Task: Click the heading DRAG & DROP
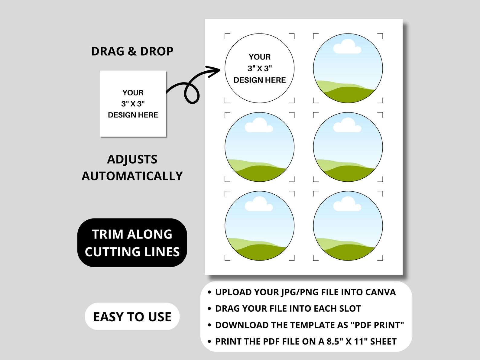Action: click(132, 51)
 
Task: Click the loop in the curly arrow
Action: click(192, 93)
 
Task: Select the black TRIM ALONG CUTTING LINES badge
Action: click(132, 243)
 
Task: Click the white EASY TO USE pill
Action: click(132, 316)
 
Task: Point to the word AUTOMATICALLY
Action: click(132, 176)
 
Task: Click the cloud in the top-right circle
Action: click(347, 47)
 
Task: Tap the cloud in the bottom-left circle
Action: click(258, 205)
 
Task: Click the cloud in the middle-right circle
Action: click(347, 126)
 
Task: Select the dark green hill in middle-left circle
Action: click(260, 174)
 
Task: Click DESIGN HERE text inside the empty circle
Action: click(259, 80)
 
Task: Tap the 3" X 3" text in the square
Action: click(133, 104)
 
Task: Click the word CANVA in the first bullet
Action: click(380, 292)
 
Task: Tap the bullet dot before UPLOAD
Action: click(209, 292)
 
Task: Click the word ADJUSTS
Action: click(132, 159)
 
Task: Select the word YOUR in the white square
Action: click(133, 93)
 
